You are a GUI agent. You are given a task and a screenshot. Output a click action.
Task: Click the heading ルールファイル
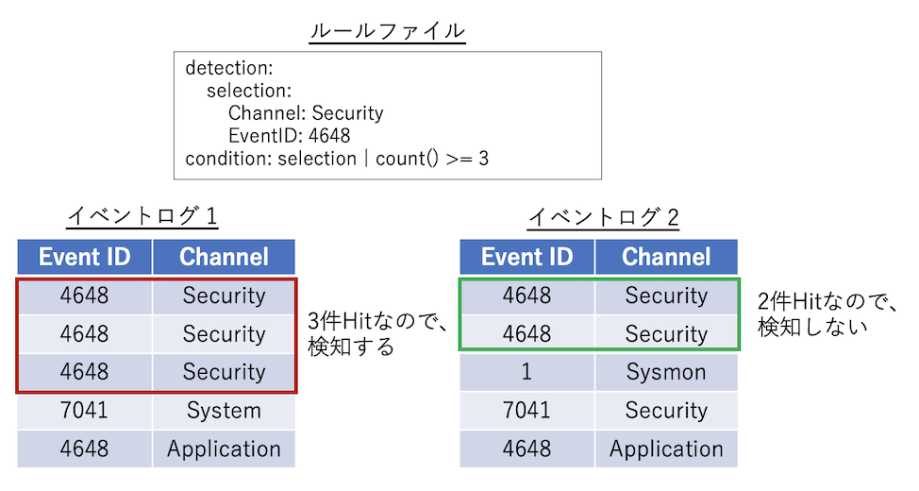(x=387, y=30)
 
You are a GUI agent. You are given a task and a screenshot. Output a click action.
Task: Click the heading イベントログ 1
(x=142, y=217)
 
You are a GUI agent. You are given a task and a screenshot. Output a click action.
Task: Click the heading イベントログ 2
(x=603, y=217)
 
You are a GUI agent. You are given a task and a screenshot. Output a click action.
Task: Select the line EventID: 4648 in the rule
(x=289, y=136)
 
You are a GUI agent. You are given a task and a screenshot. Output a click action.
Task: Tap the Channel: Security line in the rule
(x=306, y=113)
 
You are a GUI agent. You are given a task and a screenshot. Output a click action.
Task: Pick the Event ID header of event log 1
(x=84, y=257)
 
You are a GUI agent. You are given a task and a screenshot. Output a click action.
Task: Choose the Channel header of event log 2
(x=666, y=257)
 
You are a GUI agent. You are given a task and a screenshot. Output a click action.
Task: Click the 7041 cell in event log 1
(x=84, y=411)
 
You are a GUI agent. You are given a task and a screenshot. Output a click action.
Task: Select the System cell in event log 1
(x=224, y=411)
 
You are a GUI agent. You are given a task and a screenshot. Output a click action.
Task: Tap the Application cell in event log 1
(x=224, y=449)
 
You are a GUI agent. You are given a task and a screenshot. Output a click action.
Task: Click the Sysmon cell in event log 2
(x=666, y=372)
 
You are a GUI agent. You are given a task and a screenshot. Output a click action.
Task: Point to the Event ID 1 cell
(x=526, y=372)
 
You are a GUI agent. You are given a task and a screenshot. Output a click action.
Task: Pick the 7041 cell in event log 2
(x=526, y=411)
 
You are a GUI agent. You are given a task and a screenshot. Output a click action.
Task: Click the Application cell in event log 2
(x=666, y=449)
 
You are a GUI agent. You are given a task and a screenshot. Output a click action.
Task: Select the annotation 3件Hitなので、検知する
(x=376, y=334)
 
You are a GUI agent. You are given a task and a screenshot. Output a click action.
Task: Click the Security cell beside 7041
(x=666, y=411)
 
